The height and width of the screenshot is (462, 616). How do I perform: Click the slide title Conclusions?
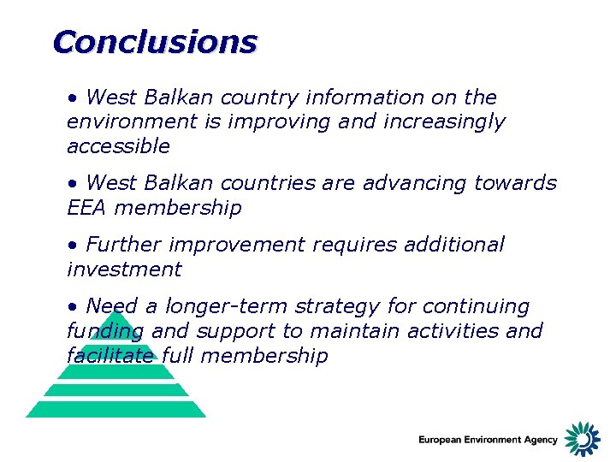(154, 41)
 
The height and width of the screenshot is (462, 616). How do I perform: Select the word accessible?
(118, 146)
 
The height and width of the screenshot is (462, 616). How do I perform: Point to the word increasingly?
(444, 122)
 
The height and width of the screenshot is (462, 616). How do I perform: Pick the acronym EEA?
(87, 208)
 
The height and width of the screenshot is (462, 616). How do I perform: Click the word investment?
(124, 269)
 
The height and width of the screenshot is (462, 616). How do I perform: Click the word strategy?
(341, 306)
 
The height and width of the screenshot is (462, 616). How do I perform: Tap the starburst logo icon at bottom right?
(583, 438)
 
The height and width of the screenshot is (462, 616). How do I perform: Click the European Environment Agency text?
(488, 440)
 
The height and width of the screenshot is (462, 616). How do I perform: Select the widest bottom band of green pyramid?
(116, 410)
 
